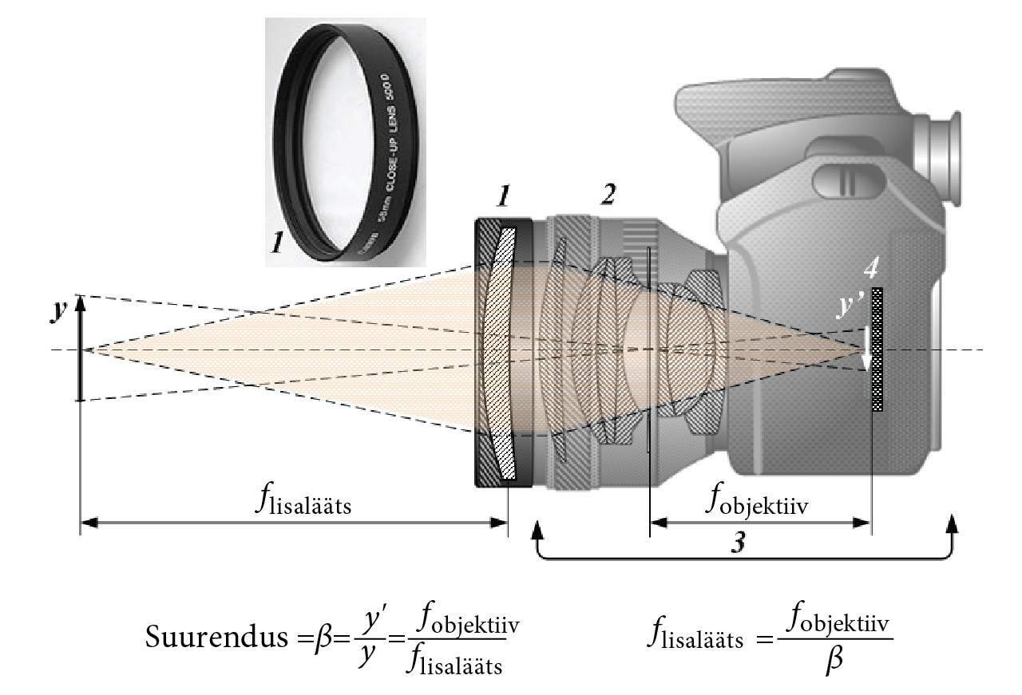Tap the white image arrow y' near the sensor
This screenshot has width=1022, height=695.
coord(866,349)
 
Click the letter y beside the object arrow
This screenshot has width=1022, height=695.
coord(58,312)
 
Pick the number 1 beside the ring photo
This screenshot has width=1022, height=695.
coord(277,239)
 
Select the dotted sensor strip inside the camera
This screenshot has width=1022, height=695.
coord(878,349)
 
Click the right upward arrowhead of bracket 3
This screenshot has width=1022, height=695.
coord(951,522)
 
